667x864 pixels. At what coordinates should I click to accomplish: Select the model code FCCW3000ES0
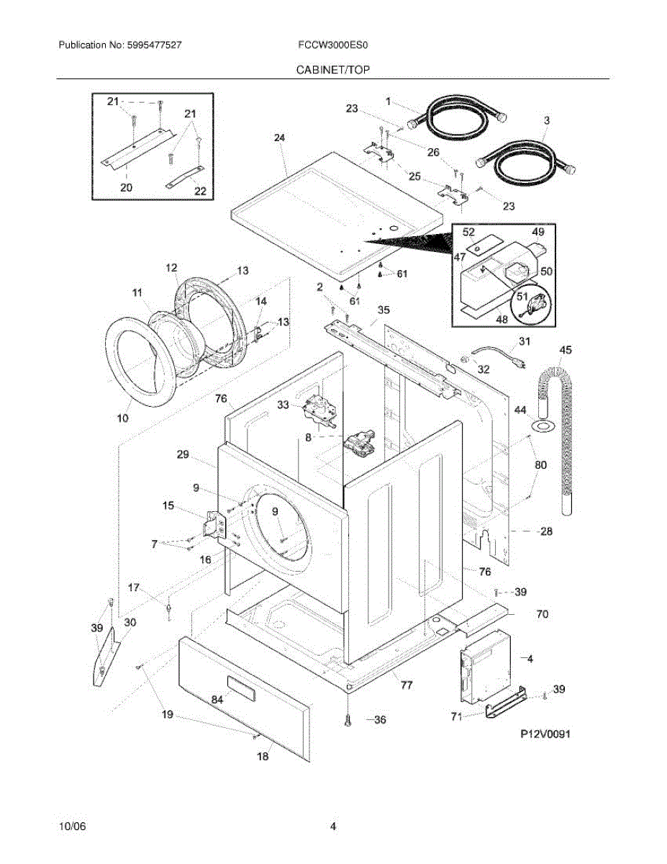(x=333, y=45)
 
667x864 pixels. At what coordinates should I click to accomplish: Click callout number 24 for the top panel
(x=280, y=137)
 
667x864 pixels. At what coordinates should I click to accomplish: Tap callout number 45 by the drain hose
(x=566, y=350)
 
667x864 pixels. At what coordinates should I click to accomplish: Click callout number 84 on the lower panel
(x=217, y=699)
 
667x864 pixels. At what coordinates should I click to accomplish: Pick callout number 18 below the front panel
(x=263, y=756)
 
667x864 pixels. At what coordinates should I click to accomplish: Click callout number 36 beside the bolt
(x=379, y=719)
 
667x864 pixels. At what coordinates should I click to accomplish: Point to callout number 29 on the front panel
(x=182, y=454)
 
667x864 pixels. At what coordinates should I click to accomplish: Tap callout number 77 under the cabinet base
(x=407, y=685)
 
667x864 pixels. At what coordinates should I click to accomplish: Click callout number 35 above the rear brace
(x=384, y=310)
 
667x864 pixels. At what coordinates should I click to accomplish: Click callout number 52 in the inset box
(x=468, y=232)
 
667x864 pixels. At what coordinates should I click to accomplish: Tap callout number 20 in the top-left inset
(x=126, y=187)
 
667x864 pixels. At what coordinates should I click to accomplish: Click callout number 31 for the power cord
(x=524, y=341)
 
